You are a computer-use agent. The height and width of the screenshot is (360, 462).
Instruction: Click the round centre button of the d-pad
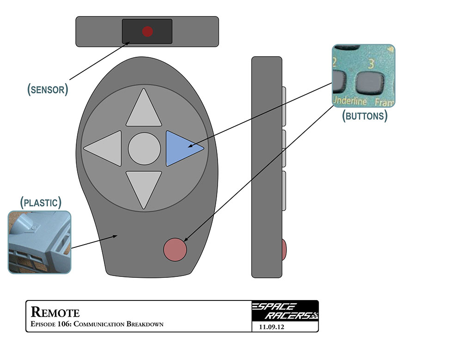(144, 148)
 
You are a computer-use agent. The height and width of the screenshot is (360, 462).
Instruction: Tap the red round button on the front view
(176, 249)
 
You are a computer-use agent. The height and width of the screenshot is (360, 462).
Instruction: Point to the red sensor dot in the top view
(147, 31)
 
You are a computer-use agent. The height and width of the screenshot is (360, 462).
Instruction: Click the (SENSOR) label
(48, 89)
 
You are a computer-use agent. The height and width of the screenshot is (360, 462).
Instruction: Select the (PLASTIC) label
(41, 202)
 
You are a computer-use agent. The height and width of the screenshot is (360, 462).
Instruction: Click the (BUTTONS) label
(365, 115)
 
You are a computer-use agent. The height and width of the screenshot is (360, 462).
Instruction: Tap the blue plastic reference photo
(40, 242)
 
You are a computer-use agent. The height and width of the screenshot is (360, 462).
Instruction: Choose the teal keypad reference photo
(364, 76)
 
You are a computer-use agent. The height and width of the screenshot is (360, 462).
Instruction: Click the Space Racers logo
(285, 312)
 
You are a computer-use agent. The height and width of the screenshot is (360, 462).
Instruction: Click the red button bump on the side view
(284, 249)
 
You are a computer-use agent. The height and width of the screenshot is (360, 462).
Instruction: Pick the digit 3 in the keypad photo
(371, 63)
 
